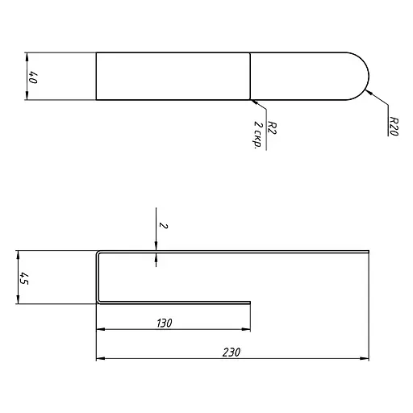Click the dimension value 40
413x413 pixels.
[33, 77]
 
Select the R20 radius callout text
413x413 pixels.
[394, 126]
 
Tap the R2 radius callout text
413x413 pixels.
[272, 127]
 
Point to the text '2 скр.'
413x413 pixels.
[258, 135]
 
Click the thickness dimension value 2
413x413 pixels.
[163, 225]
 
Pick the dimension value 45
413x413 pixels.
[24, 278]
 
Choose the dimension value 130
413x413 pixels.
[165, 323]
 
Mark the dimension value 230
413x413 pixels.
[232, 353]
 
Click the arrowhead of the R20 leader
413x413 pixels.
[369, 92]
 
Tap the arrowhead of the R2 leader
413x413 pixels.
[254, 102]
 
